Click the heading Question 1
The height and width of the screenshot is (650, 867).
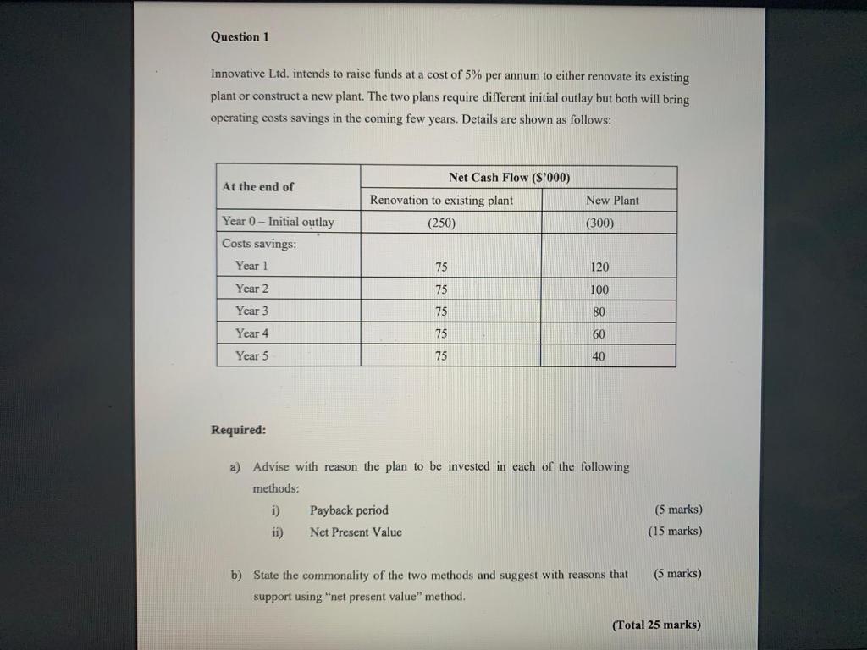240,36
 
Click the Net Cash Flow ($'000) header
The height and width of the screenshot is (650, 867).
509,177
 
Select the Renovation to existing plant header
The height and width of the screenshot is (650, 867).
441,200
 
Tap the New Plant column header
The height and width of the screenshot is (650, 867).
611,200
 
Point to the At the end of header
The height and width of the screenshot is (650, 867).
257,186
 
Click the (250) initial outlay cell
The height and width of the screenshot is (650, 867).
441,223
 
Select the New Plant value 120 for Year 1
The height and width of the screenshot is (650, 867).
599,267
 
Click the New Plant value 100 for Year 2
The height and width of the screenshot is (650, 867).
599,289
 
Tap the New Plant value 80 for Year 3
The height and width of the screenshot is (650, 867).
599,311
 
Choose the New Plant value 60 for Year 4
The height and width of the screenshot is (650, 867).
599,334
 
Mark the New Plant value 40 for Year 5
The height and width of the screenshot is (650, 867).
599,356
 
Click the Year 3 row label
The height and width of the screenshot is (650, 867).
251,311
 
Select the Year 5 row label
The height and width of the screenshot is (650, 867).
251,356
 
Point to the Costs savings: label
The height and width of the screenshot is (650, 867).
259,243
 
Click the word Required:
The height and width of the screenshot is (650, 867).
238,429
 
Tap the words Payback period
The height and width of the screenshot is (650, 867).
349,510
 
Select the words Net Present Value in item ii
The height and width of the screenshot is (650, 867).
356,532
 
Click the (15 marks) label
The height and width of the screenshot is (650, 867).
675,532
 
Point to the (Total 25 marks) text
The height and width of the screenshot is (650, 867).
656,625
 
